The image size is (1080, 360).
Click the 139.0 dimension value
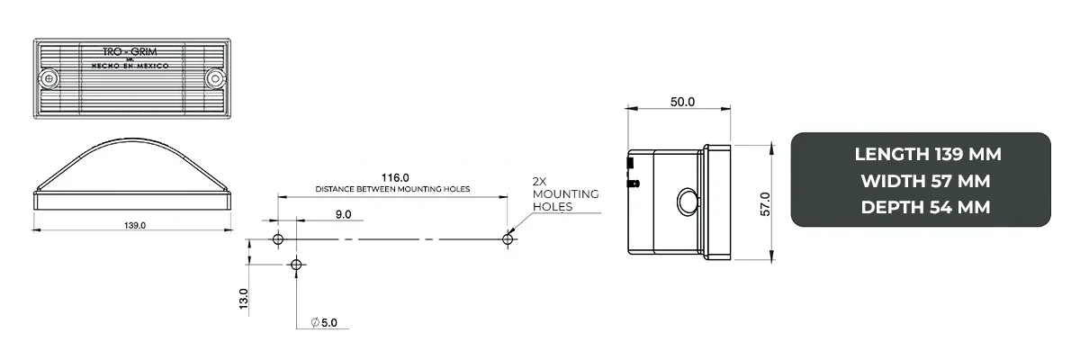coord(133,224)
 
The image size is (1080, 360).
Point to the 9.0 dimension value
coord(343,214)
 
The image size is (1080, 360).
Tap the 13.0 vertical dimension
coord(243,298)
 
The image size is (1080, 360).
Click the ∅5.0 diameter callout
coord(323,322)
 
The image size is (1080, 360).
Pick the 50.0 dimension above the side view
coord(682,102)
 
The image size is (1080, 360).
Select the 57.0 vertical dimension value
coord(766,203)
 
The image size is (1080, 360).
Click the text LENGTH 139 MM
coord(927,154)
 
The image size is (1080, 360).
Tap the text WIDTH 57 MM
coord(926,181)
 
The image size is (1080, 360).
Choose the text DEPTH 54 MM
coord(926,207)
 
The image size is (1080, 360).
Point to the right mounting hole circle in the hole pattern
coord(508,238)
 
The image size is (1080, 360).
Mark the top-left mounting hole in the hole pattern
coord(278,239)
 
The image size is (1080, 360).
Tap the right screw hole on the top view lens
coord(215,79)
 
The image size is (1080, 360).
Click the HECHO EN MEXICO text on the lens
coord(132,66)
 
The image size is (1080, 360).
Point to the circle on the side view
coord(687,202)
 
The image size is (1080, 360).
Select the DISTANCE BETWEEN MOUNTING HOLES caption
coord(393,190)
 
